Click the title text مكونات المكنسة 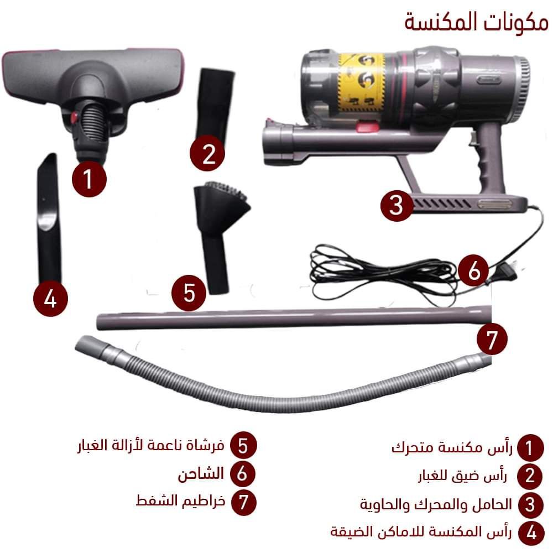(476, 22)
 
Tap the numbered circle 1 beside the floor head (89, 179)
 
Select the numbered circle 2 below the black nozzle (208, 153)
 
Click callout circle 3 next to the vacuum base (397, 205)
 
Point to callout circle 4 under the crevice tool (50, 299)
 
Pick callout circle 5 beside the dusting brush (189, 293)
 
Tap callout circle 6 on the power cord (474, 271)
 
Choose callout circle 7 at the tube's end (492, 340)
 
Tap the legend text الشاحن (201, 474)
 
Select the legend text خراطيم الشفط (180, 500)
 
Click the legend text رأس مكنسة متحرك (452, 447)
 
